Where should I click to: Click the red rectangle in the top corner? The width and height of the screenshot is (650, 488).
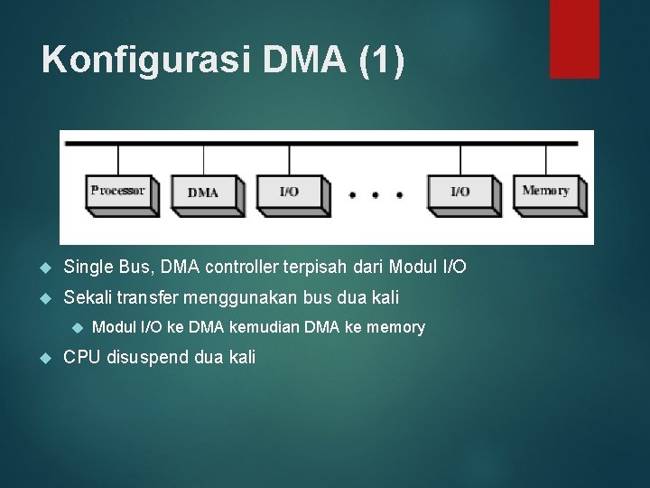click(575, 38)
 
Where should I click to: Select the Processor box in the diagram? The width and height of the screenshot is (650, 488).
click(119, 192)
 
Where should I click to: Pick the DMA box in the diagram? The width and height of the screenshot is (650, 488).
click(203, 192)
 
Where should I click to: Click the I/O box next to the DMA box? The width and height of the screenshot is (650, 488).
click(289, 192)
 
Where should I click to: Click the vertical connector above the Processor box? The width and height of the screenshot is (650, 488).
click(118, 159)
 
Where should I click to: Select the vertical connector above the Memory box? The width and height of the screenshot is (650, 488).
click(545, 159)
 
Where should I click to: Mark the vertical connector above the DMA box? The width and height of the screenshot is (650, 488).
click(203, 159)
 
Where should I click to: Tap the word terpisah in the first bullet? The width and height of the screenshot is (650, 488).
click(312, 267)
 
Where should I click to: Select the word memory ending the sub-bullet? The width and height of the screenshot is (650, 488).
click(395, 327)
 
